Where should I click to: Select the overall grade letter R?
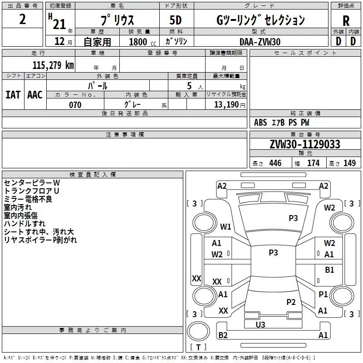346,20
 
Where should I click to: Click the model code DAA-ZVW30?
260,42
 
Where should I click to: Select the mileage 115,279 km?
53,65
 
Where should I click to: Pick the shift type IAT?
13,94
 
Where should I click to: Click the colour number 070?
75,105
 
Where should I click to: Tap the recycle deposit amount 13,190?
227,105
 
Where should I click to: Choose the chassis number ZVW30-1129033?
304,144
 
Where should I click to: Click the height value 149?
349,163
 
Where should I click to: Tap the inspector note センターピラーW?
32,182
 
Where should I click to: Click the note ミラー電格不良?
28,199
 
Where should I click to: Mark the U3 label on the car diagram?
260,324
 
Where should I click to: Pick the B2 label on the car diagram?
223,335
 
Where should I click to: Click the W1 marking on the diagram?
226,226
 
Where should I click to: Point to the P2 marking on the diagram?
291,302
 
